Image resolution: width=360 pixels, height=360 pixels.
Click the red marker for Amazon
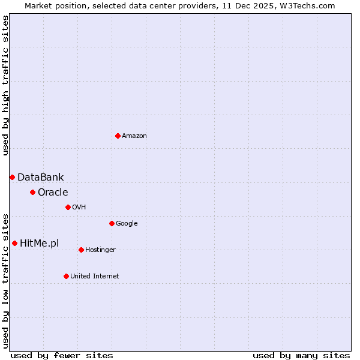(x=118, y=136)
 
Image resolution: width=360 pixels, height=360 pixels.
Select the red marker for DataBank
(x=12, y=177)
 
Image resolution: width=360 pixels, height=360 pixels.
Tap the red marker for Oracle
(x=32, y=192)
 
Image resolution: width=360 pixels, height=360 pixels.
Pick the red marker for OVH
(x=68, y=207)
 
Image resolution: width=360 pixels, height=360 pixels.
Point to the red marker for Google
(x=112, y=223)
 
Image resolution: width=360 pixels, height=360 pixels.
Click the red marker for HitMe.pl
(x=14, y=243)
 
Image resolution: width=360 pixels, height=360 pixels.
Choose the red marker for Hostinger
(x=81, y=250)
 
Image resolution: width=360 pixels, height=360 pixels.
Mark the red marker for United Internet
(x=66, y=276)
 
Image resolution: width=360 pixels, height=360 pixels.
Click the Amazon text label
(x=134, y=136)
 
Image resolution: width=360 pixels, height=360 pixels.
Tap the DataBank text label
(x=40, y=178)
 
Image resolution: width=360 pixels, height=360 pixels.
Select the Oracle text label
(x=53, y=193)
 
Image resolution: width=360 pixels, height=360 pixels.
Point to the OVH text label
(x=79, y=208)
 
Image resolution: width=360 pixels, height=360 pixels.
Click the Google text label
(x=127, y=224)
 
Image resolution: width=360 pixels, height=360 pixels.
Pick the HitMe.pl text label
(x=39, y=244)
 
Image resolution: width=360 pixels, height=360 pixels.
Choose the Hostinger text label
(x=100, y=250)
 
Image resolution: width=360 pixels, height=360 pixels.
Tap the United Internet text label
(x=94, y=277)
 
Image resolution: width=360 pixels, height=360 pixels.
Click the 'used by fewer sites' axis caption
(x=62, y=355)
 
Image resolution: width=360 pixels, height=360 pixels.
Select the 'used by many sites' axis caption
(x=301, y=355)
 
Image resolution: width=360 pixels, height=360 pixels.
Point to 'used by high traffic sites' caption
(x=6, y=85)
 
